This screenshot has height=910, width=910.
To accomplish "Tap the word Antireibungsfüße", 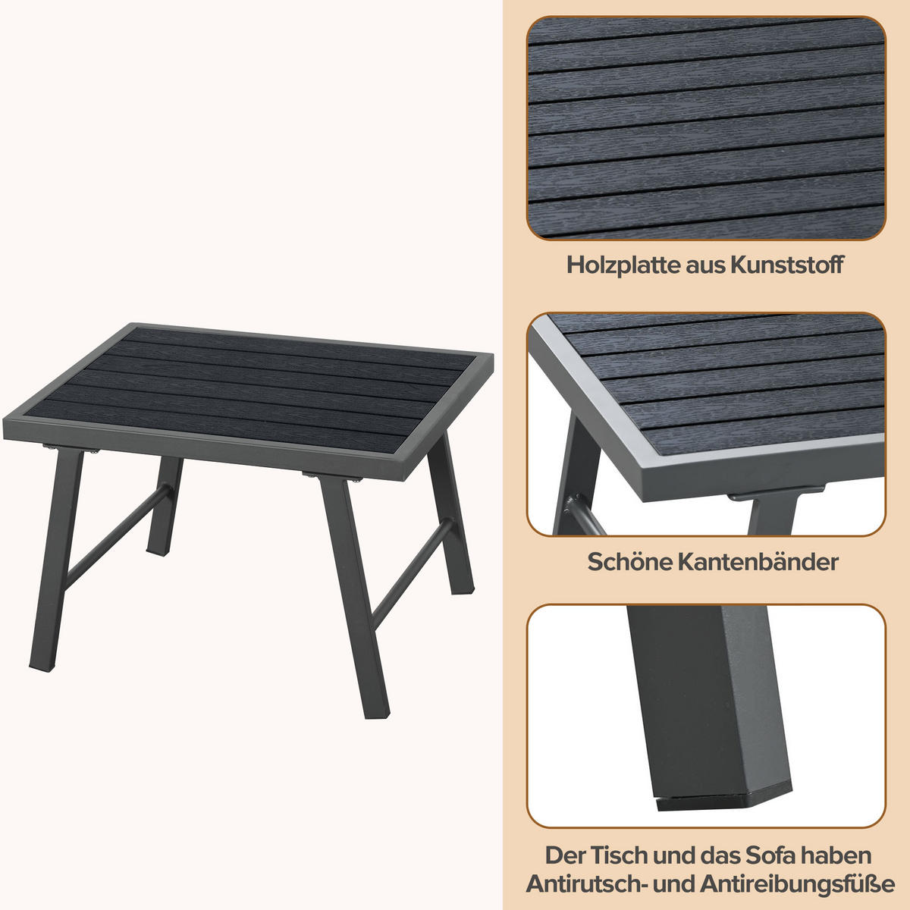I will pyautogui.click(x=798, y=884).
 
